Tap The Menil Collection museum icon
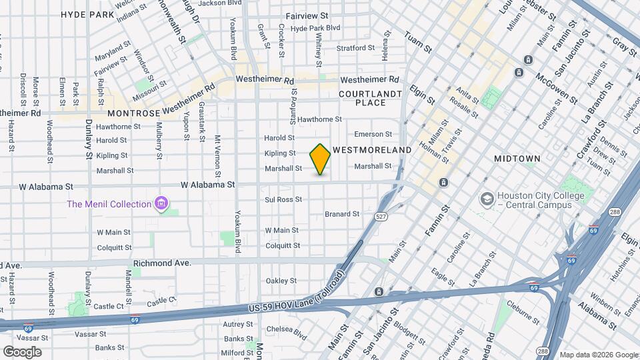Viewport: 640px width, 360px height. click(x=161, y=203)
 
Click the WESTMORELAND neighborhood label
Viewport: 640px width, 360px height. click(x=372, y=151)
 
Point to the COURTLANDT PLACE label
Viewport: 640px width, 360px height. click(x=371, y=98)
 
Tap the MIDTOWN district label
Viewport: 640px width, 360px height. click(x=517, y=159)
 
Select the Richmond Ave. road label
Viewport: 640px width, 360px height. click(x=162, y=263)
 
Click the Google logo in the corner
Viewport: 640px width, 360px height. click(x=22, y=351)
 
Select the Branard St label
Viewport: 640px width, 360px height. click(x=342, y=214)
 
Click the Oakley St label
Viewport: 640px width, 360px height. click(x=281, y=281)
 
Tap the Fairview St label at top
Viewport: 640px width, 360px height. click(x=307, y=15)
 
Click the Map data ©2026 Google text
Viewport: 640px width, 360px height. click(x=598, y=355)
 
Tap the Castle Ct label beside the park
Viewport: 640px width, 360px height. click(x=109, y=306)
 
